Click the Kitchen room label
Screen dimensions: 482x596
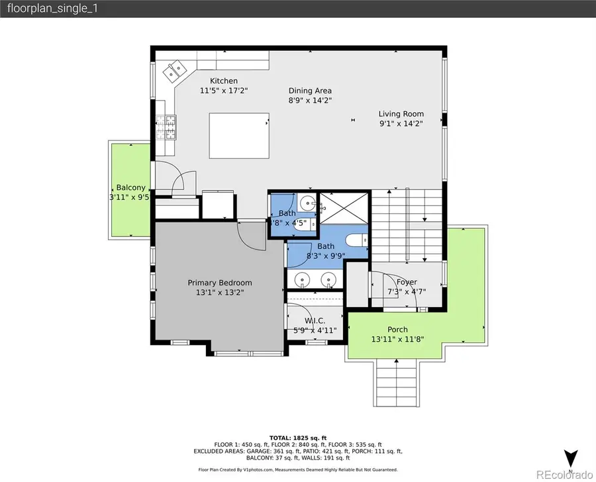(x=223, y=81)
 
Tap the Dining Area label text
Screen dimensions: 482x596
(x=310, y=91)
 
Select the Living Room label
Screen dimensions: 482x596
(x=401, y=113)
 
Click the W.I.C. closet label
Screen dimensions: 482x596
(x=315, y=320)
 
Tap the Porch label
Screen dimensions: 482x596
(x=397, y=329)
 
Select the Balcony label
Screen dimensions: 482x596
(x=130, y=187)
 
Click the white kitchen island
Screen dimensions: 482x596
(x=239, y=136)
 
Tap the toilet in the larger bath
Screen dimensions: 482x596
(x=354, y=240)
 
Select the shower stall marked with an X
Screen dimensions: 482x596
(x=342, y=208)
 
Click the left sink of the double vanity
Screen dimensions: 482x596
(x=303, y=279)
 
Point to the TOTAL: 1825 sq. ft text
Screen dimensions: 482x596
(x=298, y=438)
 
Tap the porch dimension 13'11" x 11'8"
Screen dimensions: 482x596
(x=397, y=339)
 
